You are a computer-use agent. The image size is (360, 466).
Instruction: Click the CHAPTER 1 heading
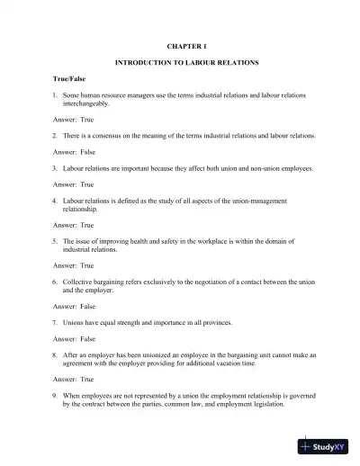point(187,44)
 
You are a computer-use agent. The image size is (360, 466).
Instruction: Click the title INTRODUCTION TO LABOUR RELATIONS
point(187,65)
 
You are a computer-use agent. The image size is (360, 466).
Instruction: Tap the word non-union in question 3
point(254,167)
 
